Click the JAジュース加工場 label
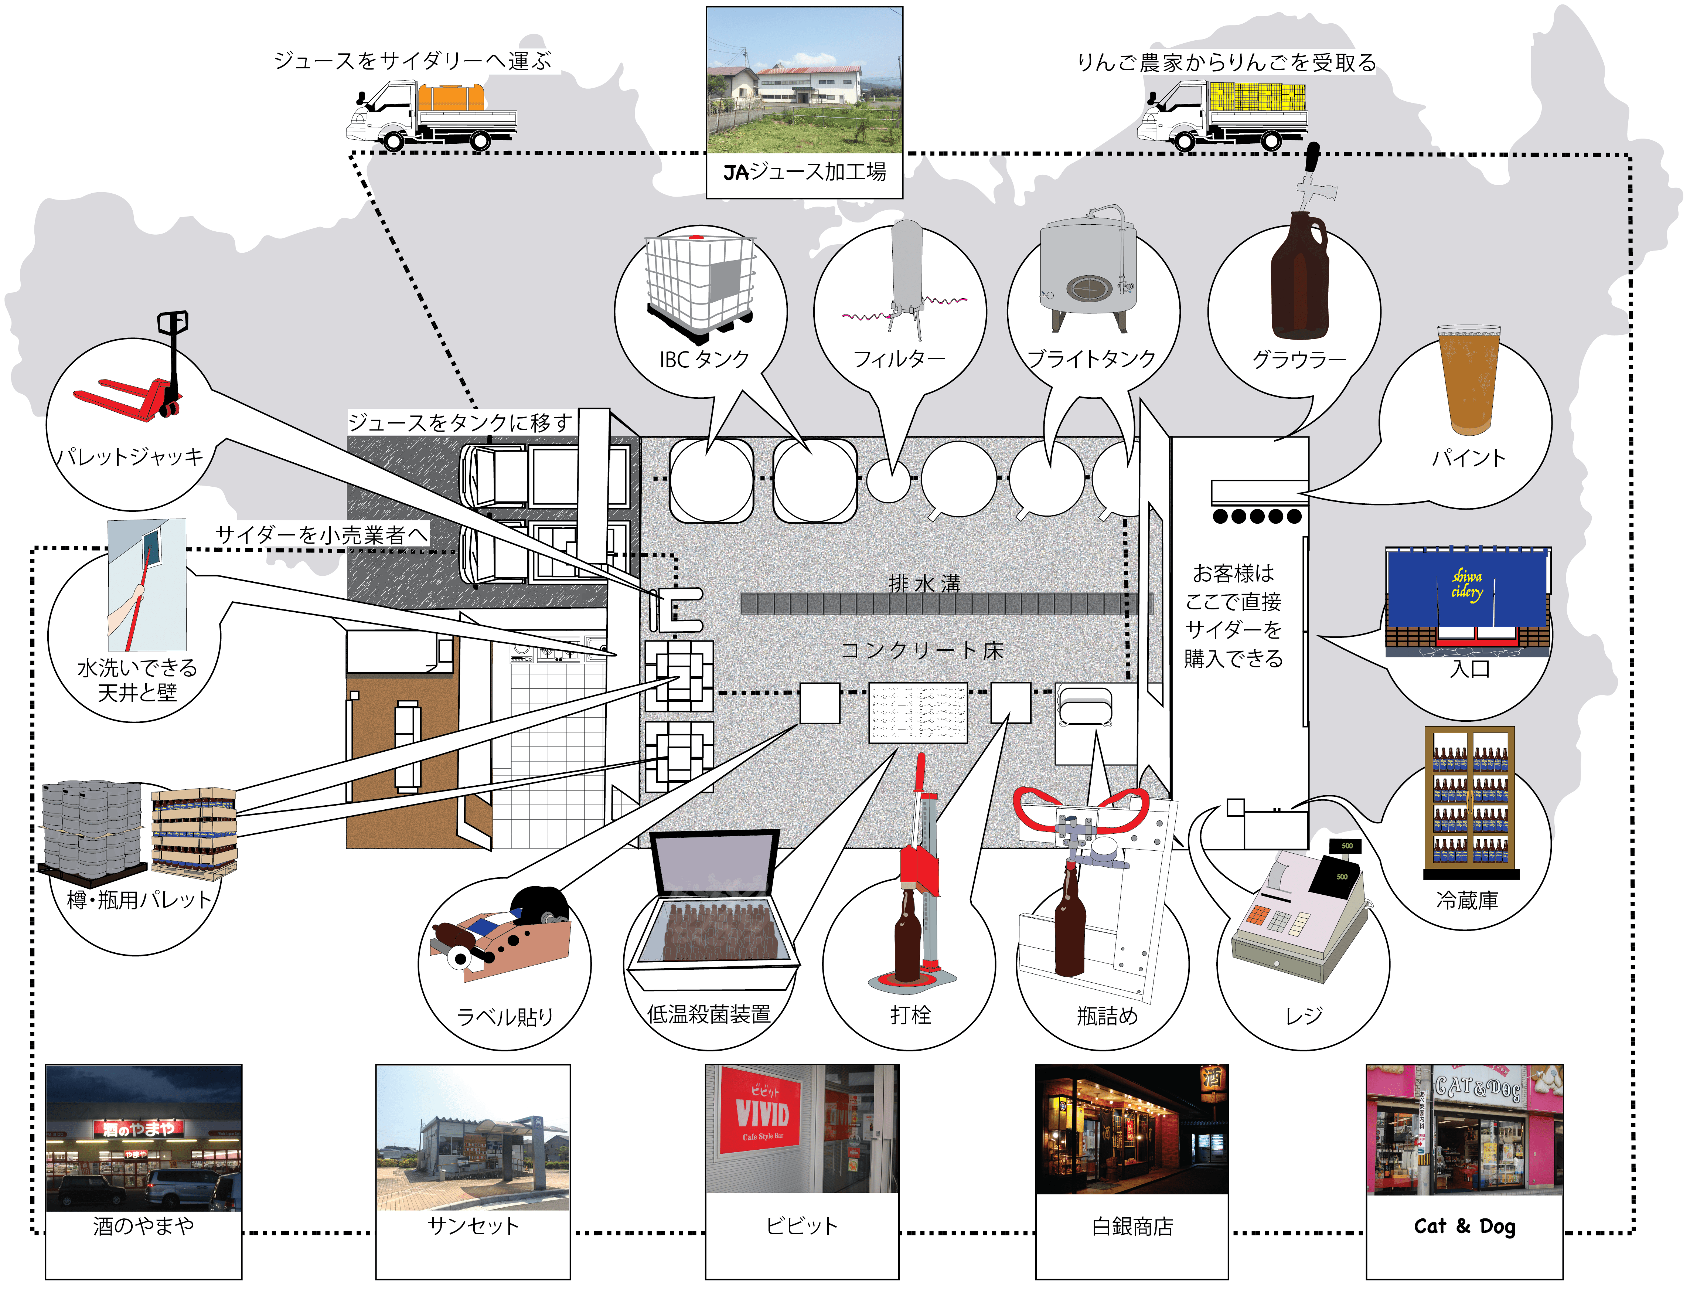804,172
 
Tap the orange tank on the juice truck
451,98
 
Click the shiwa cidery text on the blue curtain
1467,585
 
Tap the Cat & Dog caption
1464,1226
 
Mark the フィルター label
899,358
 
